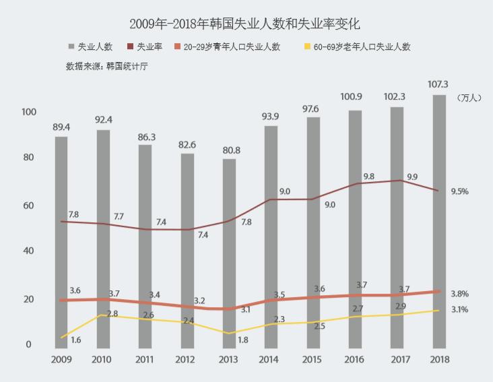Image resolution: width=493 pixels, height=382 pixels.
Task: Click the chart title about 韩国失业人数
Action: point(246,24)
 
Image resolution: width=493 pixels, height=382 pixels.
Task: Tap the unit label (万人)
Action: point(469,98)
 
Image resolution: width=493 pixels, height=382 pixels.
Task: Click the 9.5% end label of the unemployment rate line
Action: point(459,191)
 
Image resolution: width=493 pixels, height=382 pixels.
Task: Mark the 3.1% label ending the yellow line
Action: point(459,309)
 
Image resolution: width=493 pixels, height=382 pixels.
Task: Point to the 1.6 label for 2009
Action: point(75,340)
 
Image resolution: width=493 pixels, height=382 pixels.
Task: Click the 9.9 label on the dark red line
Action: point(412,177)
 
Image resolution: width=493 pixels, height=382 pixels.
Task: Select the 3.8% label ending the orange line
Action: point(459,294)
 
